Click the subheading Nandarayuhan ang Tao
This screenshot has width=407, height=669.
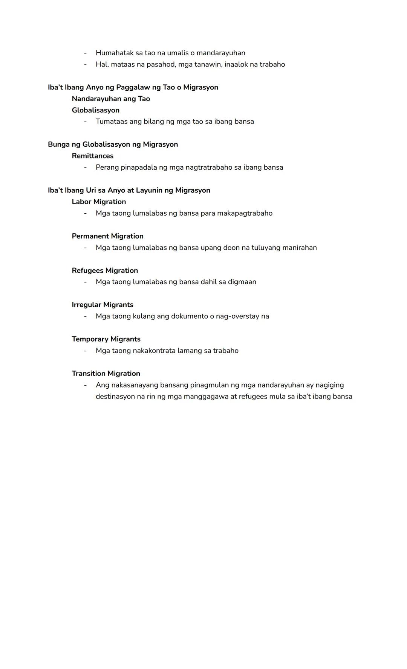click(111, 99)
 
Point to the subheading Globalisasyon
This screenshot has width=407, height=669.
click(96, 110)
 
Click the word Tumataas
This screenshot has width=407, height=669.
click(112, 122)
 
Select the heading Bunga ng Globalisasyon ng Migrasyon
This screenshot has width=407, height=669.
click(113, 144)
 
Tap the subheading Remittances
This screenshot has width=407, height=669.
click(93, 156)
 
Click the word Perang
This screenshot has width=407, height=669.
click(107, 167)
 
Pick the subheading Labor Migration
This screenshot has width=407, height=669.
click(99, 202)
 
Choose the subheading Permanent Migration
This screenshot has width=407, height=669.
click(108, 236)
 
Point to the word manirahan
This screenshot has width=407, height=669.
click(300, 248)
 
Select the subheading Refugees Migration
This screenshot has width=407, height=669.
click(105, 271)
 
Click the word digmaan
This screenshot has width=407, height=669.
click(242, 282)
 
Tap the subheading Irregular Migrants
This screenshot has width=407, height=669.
click(103, 305)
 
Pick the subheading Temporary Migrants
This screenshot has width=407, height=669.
click(106, 339)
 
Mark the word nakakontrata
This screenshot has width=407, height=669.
click(154, 351)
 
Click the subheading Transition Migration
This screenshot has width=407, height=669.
click(106, 374)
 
